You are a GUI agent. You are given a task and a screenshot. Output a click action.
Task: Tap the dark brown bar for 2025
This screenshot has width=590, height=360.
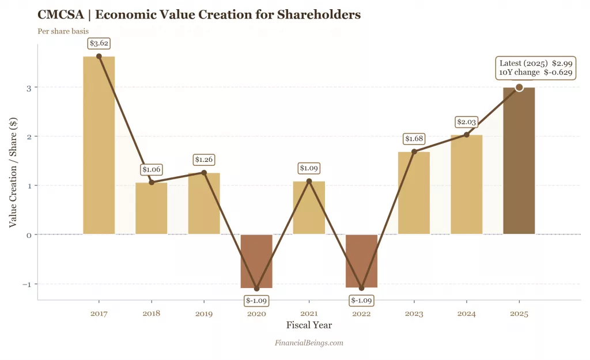519,161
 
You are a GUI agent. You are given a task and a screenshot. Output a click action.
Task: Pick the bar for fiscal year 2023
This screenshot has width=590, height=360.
414,193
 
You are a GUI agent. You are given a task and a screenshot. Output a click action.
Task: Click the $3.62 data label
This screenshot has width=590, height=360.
99,43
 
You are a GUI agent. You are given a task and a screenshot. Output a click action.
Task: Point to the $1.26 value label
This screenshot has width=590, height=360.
204,160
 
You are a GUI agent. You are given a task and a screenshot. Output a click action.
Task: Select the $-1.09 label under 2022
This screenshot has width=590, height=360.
361,301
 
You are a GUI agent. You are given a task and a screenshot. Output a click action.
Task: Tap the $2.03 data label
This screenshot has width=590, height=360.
466,122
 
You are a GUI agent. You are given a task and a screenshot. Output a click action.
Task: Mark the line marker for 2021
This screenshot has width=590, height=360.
309,181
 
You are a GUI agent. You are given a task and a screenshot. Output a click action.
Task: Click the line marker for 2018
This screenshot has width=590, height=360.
152,183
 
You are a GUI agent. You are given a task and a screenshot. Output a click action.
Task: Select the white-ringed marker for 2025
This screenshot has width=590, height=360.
519,88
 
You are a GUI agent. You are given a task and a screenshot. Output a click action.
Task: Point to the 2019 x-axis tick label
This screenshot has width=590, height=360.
204,314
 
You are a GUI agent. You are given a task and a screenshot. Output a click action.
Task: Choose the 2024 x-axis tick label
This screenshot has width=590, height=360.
466,314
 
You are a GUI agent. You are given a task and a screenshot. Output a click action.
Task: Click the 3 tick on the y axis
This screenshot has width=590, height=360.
28,88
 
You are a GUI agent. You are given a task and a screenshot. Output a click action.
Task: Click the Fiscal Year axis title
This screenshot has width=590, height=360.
309,325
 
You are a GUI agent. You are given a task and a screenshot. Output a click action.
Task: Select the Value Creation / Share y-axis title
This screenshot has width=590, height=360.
13,172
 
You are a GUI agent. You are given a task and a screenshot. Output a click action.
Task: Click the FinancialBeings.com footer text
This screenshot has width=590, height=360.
309,343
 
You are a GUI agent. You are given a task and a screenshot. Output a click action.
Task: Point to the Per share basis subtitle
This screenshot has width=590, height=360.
63,31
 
